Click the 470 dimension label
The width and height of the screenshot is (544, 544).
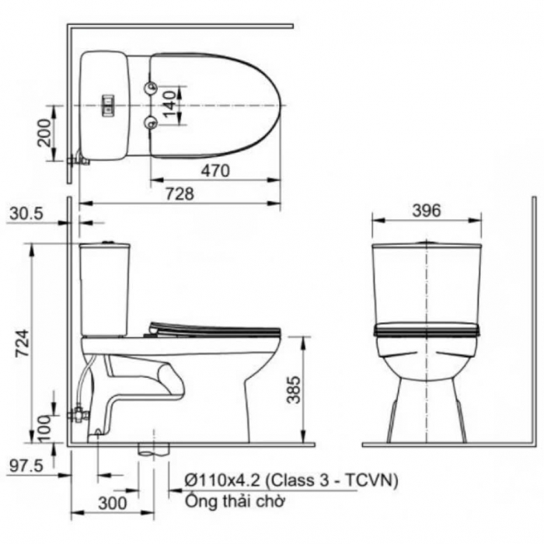[x=215, y=170]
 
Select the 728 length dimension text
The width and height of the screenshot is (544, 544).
[x=180, y=194]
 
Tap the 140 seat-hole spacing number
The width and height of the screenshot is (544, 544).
[x=169, y=104]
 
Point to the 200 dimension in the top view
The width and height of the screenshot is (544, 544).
[x=44, y=133]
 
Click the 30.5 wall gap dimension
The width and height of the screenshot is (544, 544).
[x=26, y=214]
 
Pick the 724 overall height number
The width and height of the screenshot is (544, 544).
[x=23, y=343]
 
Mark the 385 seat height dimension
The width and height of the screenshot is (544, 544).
[x=294, y=389]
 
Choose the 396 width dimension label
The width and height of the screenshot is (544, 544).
[x=427, y=211]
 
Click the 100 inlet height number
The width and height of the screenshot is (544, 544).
[x=44, y=429]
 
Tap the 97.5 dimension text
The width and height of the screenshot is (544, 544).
[x=26, y=466]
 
